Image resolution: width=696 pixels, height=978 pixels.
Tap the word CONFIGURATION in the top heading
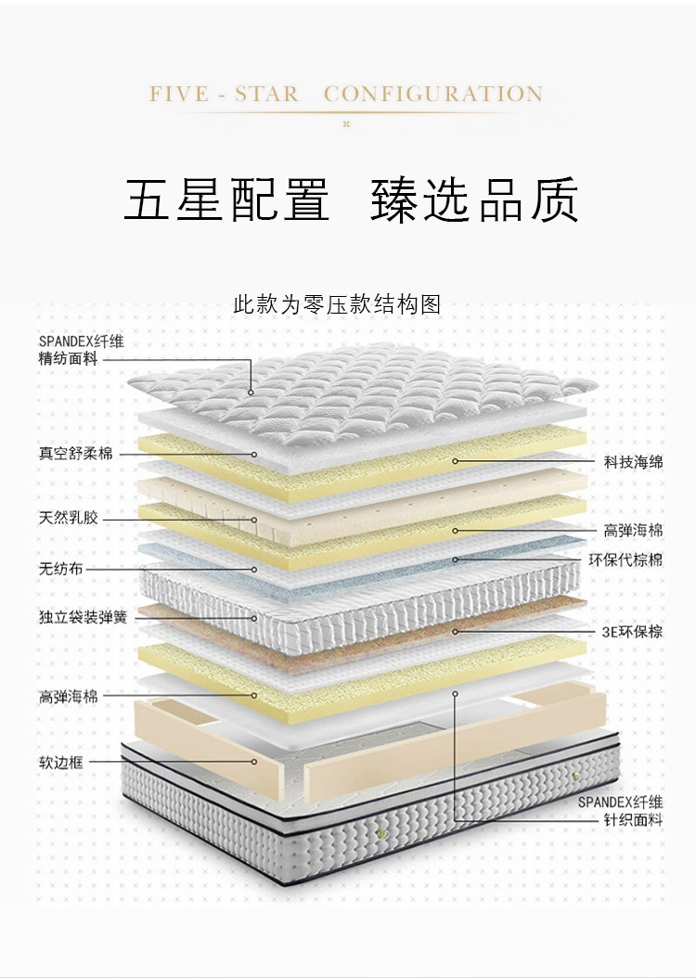coord(433,95)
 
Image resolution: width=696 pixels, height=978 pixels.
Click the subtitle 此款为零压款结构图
coord(337,304)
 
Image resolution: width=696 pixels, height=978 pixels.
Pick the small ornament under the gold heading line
coord(346,123)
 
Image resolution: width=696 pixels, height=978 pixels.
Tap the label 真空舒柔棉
coord(75,455)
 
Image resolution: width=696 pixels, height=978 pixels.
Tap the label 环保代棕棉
coord(626,560)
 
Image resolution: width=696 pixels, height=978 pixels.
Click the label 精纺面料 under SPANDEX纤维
coord(68,358)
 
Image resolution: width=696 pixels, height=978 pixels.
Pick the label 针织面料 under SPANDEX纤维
coord(634,820)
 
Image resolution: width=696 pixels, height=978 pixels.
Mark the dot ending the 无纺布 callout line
coord(254,569)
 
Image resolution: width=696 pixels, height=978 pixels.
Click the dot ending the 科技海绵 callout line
coord(456,460)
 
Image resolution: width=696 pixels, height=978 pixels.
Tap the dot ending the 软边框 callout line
coord(254,763)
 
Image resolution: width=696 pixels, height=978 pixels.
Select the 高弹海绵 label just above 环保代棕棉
coord(634,531)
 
